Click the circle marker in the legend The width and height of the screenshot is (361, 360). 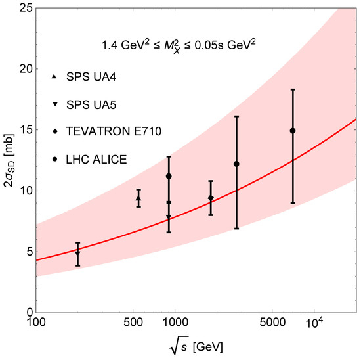[x=54, y=158]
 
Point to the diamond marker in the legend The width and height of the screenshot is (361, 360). [x=54, y=131]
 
